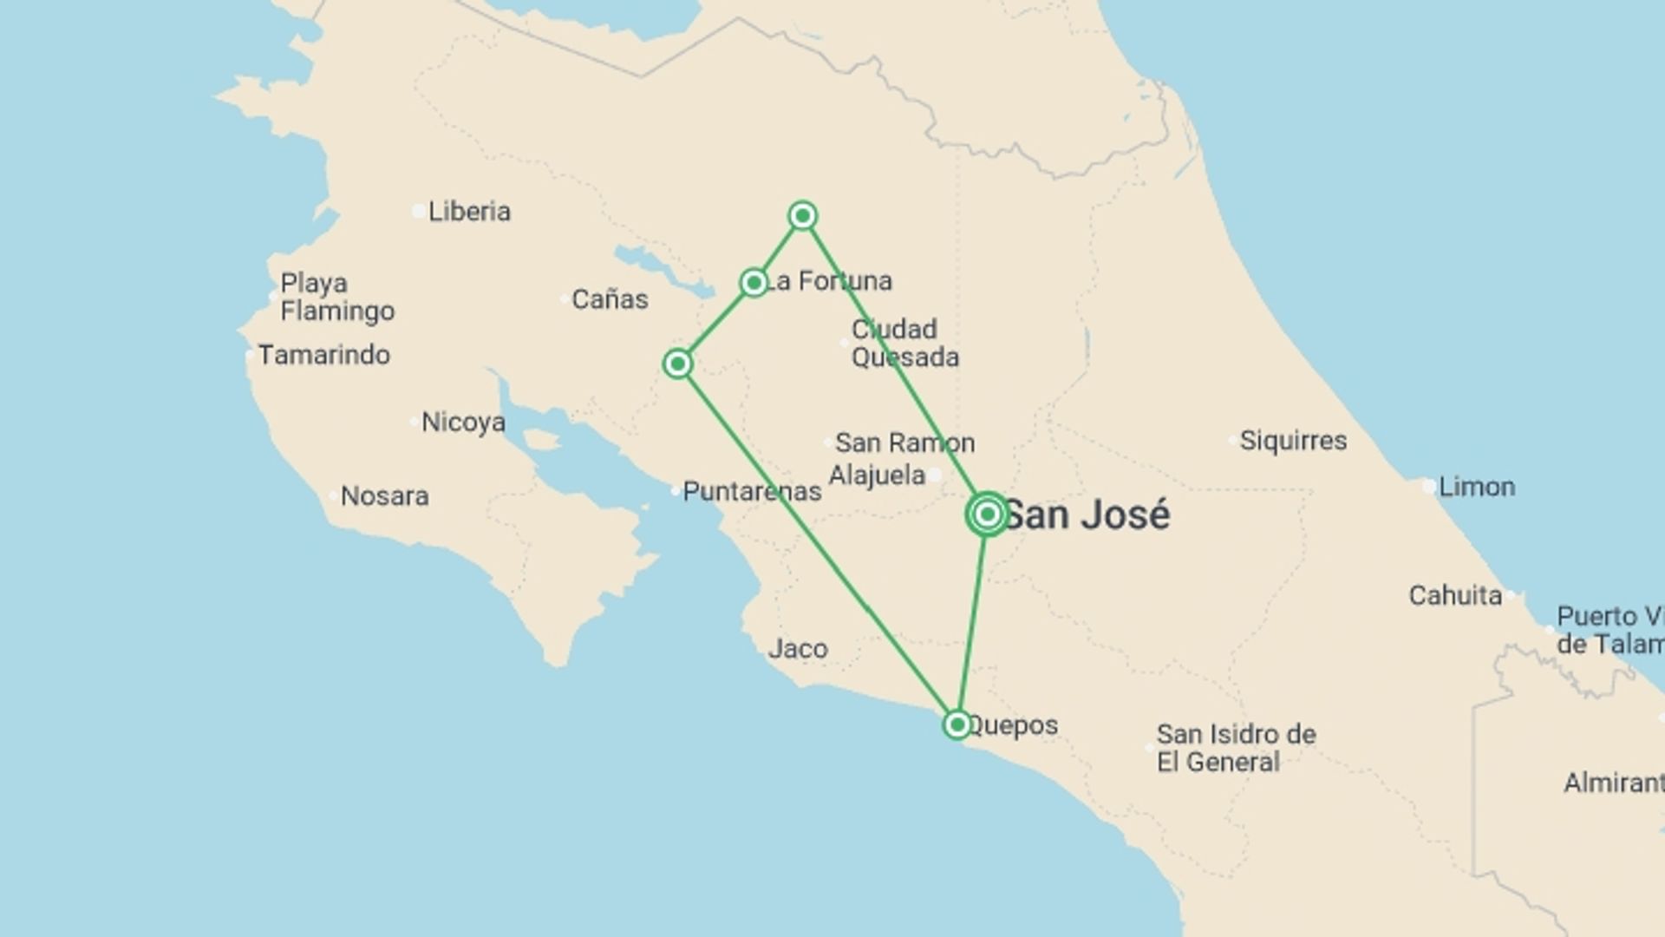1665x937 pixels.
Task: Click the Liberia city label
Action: point(469,211)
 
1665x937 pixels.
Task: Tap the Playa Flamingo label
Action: point(337,297)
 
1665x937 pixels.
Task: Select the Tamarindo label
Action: point(323,355)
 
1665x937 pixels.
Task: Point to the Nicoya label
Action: point(463,423)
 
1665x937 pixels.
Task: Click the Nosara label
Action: point(384,496)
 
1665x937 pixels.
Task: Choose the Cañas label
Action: point(610,299)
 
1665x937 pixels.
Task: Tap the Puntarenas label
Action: point(752,492)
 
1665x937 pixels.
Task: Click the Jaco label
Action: point(798,649)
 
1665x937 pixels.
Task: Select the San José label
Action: point(1087,515)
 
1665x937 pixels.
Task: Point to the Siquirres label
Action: point(1293,441)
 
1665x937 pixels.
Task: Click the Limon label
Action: point(1477,487)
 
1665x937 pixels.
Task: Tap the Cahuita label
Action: point(1455,596)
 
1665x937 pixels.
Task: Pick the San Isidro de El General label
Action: point(1236,748)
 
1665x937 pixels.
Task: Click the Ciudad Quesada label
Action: point(904,344)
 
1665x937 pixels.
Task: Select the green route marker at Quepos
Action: point(957,724)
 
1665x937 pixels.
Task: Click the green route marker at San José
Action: point(987,514)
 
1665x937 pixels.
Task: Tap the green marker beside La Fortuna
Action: point(754,283)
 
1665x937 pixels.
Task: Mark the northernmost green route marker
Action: point(802,215)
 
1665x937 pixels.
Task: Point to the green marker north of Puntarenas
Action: point(677,364)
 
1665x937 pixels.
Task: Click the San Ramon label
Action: point(904,443)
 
